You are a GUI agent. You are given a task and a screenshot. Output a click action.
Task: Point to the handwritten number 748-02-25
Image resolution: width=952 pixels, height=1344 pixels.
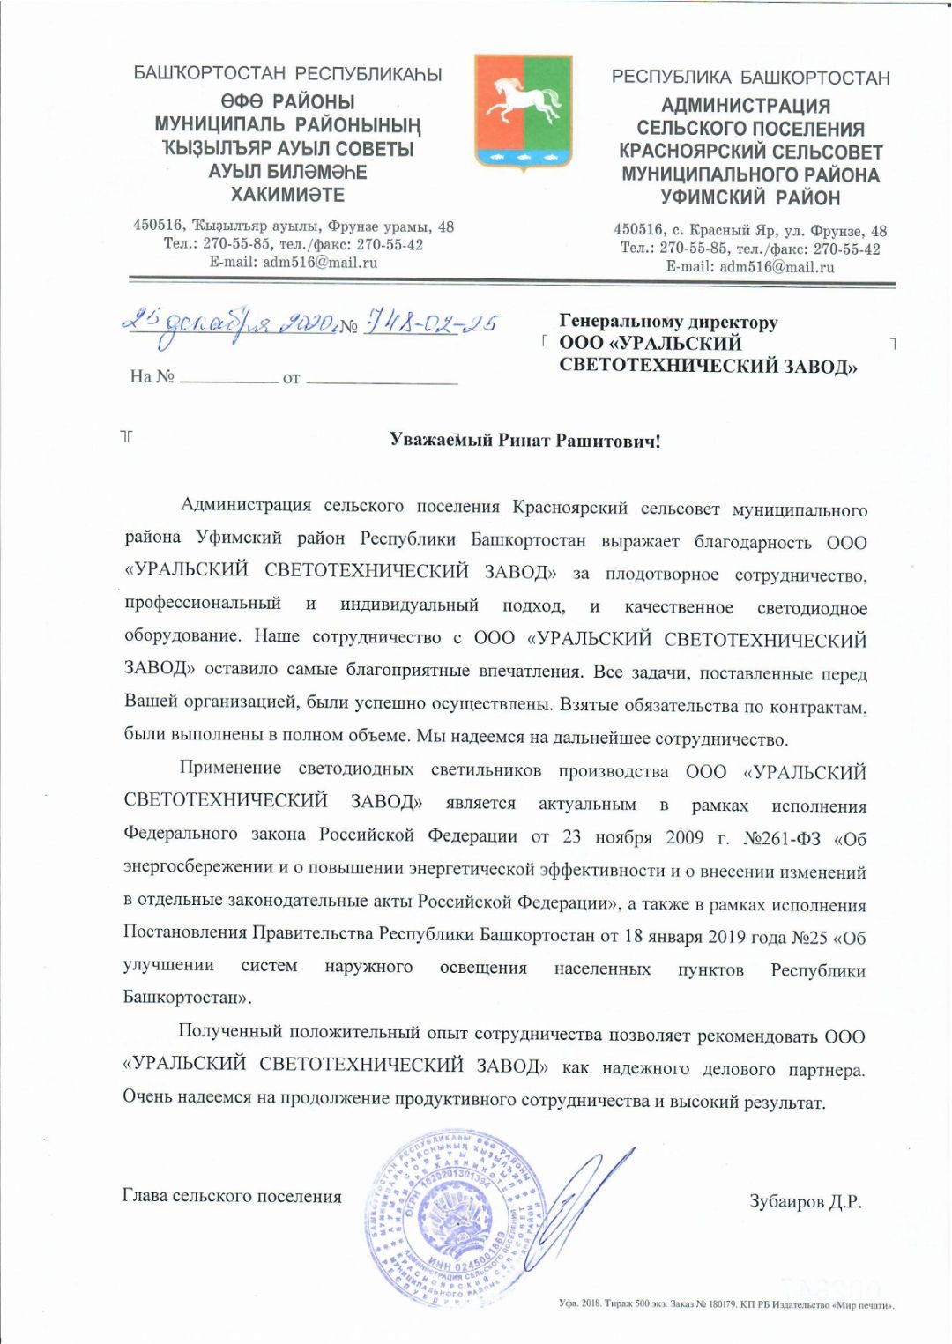(429, 323)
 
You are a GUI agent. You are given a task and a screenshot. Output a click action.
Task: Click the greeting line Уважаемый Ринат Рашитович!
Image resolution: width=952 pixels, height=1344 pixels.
(524, 441)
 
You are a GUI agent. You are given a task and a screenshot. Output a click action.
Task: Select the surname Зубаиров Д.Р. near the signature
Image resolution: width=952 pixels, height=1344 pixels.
(806, 1201)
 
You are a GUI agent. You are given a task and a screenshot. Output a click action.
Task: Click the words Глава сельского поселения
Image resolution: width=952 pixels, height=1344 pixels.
(232, 1196)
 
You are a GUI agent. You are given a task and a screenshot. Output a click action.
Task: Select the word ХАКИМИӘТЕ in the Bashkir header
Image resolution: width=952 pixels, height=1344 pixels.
(287, 195)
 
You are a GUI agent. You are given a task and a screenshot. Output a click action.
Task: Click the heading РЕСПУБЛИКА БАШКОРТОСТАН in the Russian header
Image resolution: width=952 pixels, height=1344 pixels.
(750, 78)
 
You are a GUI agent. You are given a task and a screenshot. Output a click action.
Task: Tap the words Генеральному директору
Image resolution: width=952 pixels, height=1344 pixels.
(668, 322)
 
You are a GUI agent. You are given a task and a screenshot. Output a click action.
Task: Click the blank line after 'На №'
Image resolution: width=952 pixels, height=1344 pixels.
(228, 380)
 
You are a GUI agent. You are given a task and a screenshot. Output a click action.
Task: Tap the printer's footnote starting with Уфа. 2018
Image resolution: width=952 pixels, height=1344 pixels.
(726, 1303)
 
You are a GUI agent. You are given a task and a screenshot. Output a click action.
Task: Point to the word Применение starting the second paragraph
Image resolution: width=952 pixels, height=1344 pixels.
(230, 768)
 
